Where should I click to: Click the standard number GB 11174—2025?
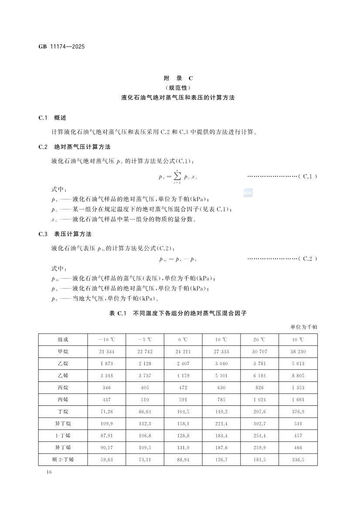(61, 45)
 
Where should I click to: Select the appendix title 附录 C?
(178, 78)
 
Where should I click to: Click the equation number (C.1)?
(308, 176)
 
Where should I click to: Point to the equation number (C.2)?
(308, 259)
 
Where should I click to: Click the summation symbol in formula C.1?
(176, 176)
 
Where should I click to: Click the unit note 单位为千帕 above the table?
(304, 326)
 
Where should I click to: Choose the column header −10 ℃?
(106, 340)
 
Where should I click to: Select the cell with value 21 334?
(106, 351)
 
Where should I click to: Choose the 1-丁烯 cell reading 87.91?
(106, 435)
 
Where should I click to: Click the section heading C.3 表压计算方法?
(65, 234)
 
